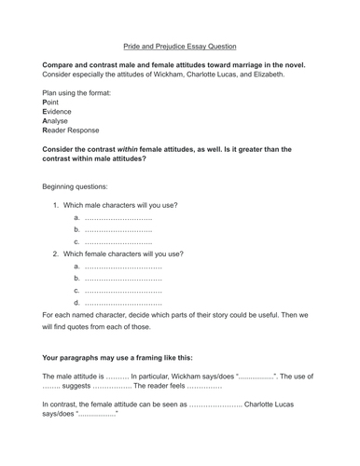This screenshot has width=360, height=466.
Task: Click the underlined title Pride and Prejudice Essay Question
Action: point(180,46)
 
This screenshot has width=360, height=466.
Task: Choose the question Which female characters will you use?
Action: point(125,254)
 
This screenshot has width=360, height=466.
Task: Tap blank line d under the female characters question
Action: point(123,302)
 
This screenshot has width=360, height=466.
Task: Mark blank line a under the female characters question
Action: point(123,266)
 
